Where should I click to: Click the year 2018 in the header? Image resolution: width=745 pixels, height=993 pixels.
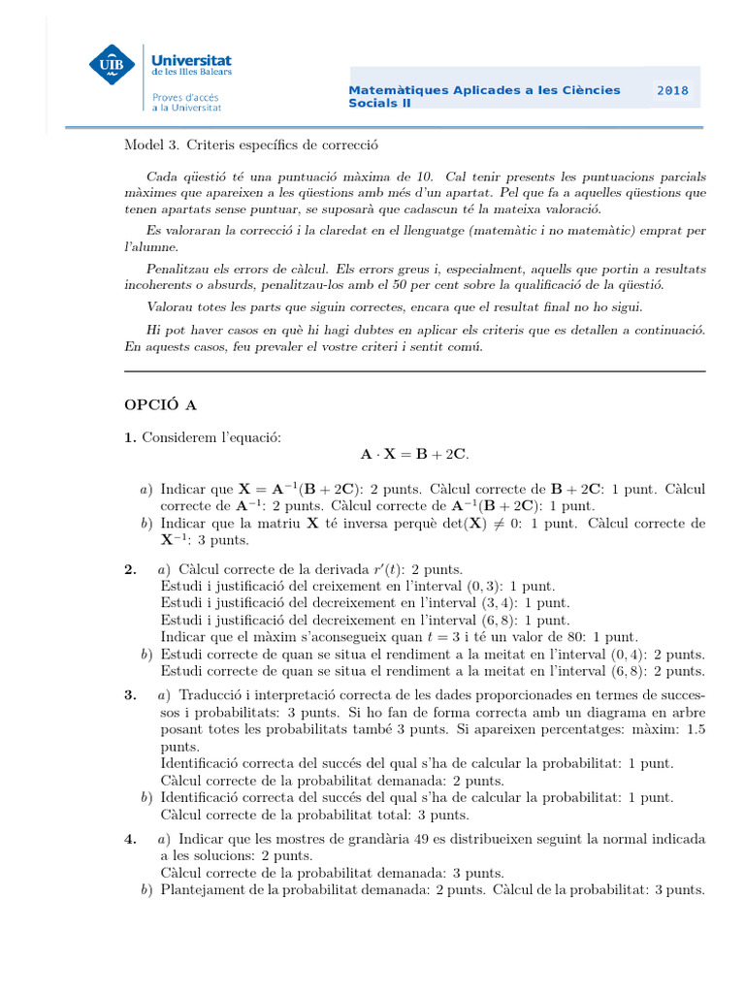(672, 90)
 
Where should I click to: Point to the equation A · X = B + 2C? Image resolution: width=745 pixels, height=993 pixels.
(414, 454)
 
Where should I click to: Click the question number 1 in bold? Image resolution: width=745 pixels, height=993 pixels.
(130, 438)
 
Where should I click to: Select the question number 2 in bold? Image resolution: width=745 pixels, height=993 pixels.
(130, 569)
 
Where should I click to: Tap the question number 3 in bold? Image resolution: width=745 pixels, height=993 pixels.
(130, 695)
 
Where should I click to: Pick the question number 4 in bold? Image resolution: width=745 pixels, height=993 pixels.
(130, 839)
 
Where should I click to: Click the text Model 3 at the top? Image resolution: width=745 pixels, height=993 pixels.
(146, 144)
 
